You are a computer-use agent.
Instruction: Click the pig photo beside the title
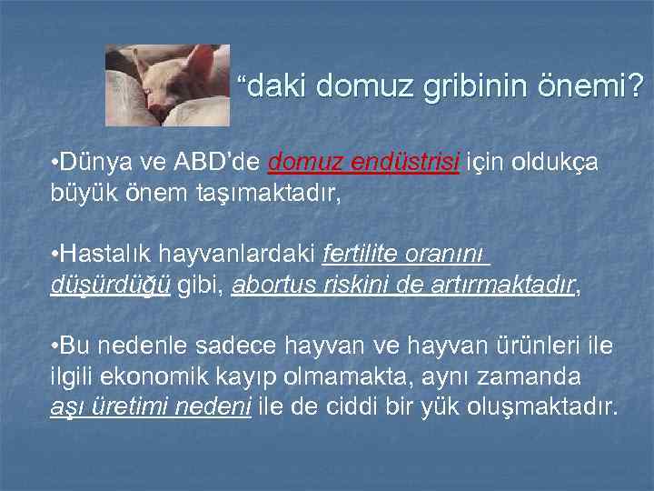[x=167, y=85]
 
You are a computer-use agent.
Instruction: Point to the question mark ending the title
[x=636, y=87]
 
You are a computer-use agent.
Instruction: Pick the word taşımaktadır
[x=254, y=192]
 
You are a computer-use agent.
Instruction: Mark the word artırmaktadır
[x=509, y=286]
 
